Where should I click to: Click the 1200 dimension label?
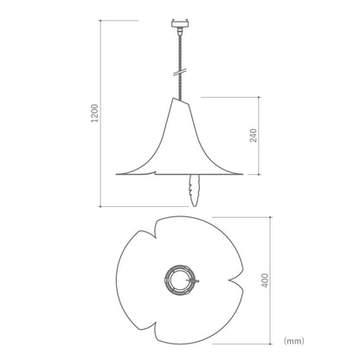click(x=94, y=113)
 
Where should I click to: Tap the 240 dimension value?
click(x=253, y=135)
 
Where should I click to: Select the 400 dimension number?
click(x=265, y=280)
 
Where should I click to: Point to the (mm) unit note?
click(x=294, y=341)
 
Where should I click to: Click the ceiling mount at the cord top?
click(x=180, y=24)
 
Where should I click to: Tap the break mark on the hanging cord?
click(x=180, y=72)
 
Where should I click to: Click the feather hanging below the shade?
click(x=194, y=190)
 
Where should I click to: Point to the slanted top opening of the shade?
click(x=182, y=101)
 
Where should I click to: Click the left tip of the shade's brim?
click(x=116, y=174)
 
